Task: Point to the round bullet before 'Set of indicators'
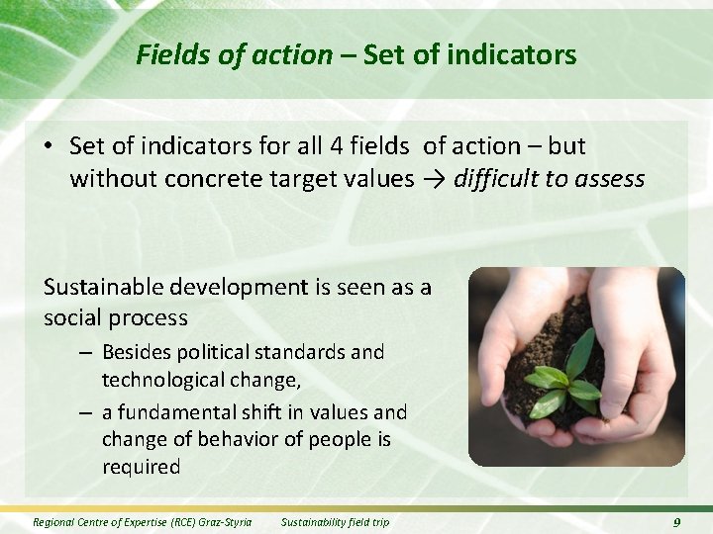click(48, 147)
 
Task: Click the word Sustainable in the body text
click(106, 287)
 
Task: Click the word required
click(142, 467)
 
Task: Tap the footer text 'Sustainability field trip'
click(335, 522)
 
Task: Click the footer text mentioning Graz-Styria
click(142, 522)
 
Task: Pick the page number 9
click(676, 522)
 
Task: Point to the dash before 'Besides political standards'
click(86, 352)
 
